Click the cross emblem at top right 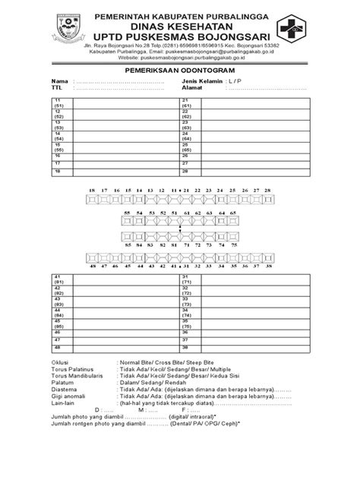(x=308, y=30)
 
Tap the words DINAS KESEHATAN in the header (x=180, y=26)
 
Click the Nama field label (x=58, y=81)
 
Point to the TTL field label (x=57, y=87)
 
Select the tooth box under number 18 (x=92, y=199)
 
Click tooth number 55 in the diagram (x=128, y=213)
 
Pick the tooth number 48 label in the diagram (x=92, y=267)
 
